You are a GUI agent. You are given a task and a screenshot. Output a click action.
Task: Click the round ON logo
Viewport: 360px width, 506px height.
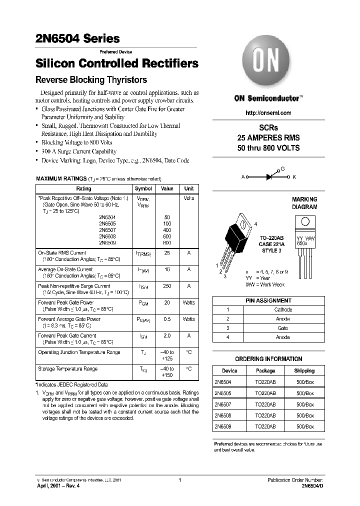[268, 63]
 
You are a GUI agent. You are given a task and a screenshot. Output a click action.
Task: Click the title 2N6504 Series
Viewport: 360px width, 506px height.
[77, 38]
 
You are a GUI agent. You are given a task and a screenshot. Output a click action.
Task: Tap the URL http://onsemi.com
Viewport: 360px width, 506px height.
[268, 113]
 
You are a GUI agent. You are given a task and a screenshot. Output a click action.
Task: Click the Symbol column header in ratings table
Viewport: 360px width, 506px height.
[143, 189]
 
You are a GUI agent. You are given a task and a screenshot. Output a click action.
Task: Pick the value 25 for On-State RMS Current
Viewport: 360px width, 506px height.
[167, 253]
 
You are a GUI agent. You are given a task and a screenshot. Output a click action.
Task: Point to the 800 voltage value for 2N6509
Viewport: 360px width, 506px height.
[167, 242]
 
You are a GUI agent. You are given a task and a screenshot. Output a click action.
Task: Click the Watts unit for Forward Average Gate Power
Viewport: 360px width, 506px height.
[189, 319]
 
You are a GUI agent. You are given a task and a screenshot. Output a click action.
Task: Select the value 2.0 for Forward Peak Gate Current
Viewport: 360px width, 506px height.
[167, 335]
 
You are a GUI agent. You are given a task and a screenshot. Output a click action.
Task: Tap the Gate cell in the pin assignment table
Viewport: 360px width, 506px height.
[283, 328]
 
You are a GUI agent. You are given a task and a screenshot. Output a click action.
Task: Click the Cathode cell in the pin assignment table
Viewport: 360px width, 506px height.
[283, 309]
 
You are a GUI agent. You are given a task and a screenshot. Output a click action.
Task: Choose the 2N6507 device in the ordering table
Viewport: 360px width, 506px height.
[222, 404]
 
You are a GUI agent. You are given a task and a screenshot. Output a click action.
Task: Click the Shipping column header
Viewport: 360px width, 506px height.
[304, 370]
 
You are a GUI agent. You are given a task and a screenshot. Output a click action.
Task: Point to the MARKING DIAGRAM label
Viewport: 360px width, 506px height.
[304, 203]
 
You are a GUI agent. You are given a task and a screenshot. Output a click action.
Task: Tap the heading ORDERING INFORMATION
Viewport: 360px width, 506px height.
[268, 358]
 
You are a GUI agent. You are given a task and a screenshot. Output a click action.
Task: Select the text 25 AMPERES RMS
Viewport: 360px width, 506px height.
[268, 137]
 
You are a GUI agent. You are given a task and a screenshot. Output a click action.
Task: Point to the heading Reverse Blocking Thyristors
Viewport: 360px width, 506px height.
[91, 80]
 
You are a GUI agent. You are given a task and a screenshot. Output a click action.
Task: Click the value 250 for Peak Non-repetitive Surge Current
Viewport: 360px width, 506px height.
[167, 286]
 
